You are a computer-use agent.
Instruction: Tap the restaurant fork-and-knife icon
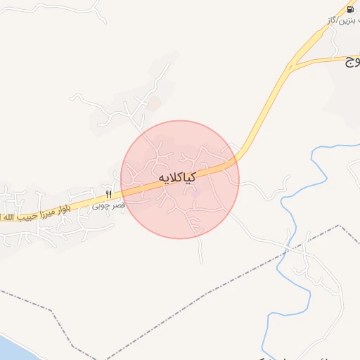[x=108, y=195]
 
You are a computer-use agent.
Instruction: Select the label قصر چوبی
[x=108, y=206]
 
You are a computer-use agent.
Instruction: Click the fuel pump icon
[x=350, y=10]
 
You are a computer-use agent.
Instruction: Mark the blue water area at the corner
[x=8, y=348]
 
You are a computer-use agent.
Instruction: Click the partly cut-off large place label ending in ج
[x=351, y=63]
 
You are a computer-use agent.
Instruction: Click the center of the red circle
[x=180, y=179]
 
